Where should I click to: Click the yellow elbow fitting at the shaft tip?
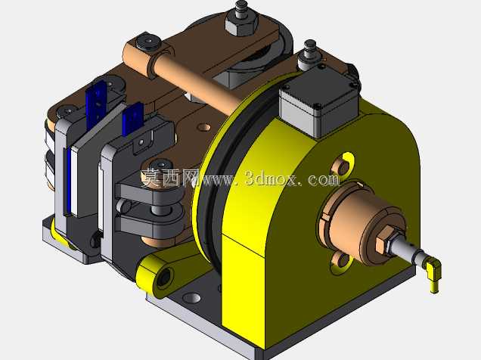tap(433, 271)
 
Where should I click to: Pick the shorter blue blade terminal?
tap(132, 119)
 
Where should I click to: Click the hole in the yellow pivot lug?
tap(163, 278)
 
